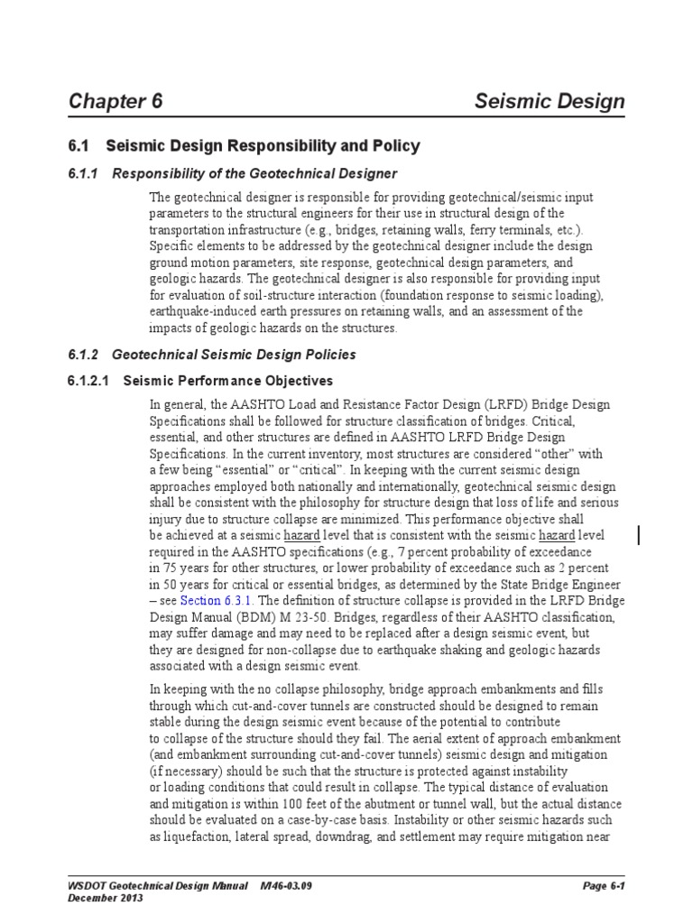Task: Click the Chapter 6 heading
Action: [115, 101]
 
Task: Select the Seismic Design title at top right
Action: [550, 101]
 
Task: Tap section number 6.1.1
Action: [86, 173]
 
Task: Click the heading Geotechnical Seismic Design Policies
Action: [234, 355]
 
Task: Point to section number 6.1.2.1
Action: [88, 381]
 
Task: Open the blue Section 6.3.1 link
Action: [217, 600]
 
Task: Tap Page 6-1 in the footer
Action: [604, 886]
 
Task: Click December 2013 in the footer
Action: [106, 899]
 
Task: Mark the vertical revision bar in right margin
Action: [640, 535]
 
